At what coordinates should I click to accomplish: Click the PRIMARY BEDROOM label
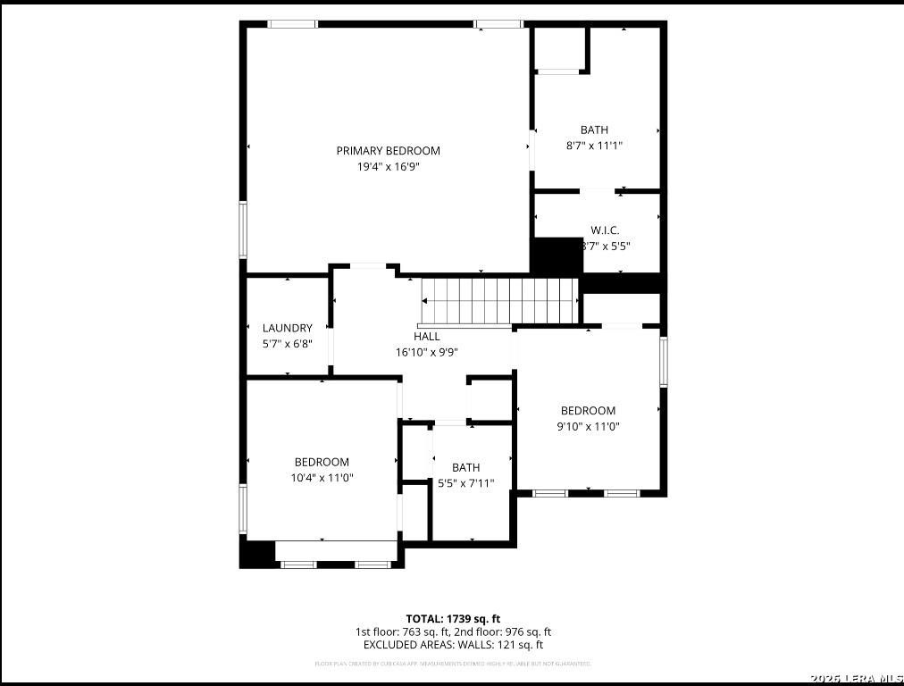[388, 151]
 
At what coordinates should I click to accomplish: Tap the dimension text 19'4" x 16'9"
[388, 166]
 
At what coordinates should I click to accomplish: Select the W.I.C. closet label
[605, 230]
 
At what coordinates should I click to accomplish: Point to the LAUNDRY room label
[287, 328]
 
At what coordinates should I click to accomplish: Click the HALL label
[426, 337]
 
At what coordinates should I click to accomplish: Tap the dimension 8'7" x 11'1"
[594, 146]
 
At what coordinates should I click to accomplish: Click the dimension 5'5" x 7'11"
[465, 483]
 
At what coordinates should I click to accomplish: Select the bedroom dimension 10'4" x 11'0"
[322, 478]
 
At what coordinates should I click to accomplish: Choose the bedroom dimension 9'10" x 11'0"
[588, 427]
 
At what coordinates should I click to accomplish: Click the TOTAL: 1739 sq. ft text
[453, 618]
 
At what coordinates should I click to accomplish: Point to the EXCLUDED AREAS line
[453, 645]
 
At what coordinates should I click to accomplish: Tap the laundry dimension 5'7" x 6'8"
[287, 344]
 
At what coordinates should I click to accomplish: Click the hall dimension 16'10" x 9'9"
[426, 352]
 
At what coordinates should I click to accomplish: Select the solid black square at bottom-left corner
[256, 554]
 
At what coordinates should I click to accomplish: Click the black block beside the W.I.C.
[556, 255]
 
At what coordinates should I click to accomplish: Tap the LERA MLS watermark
[857, 679]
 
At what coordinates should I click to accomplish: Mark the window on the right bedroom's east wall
[663, 362]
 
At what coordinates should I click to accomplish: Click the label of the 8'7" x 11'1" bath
[594, 130]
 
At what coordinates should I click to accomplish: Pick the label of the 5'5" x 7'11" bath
[465, 468]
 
